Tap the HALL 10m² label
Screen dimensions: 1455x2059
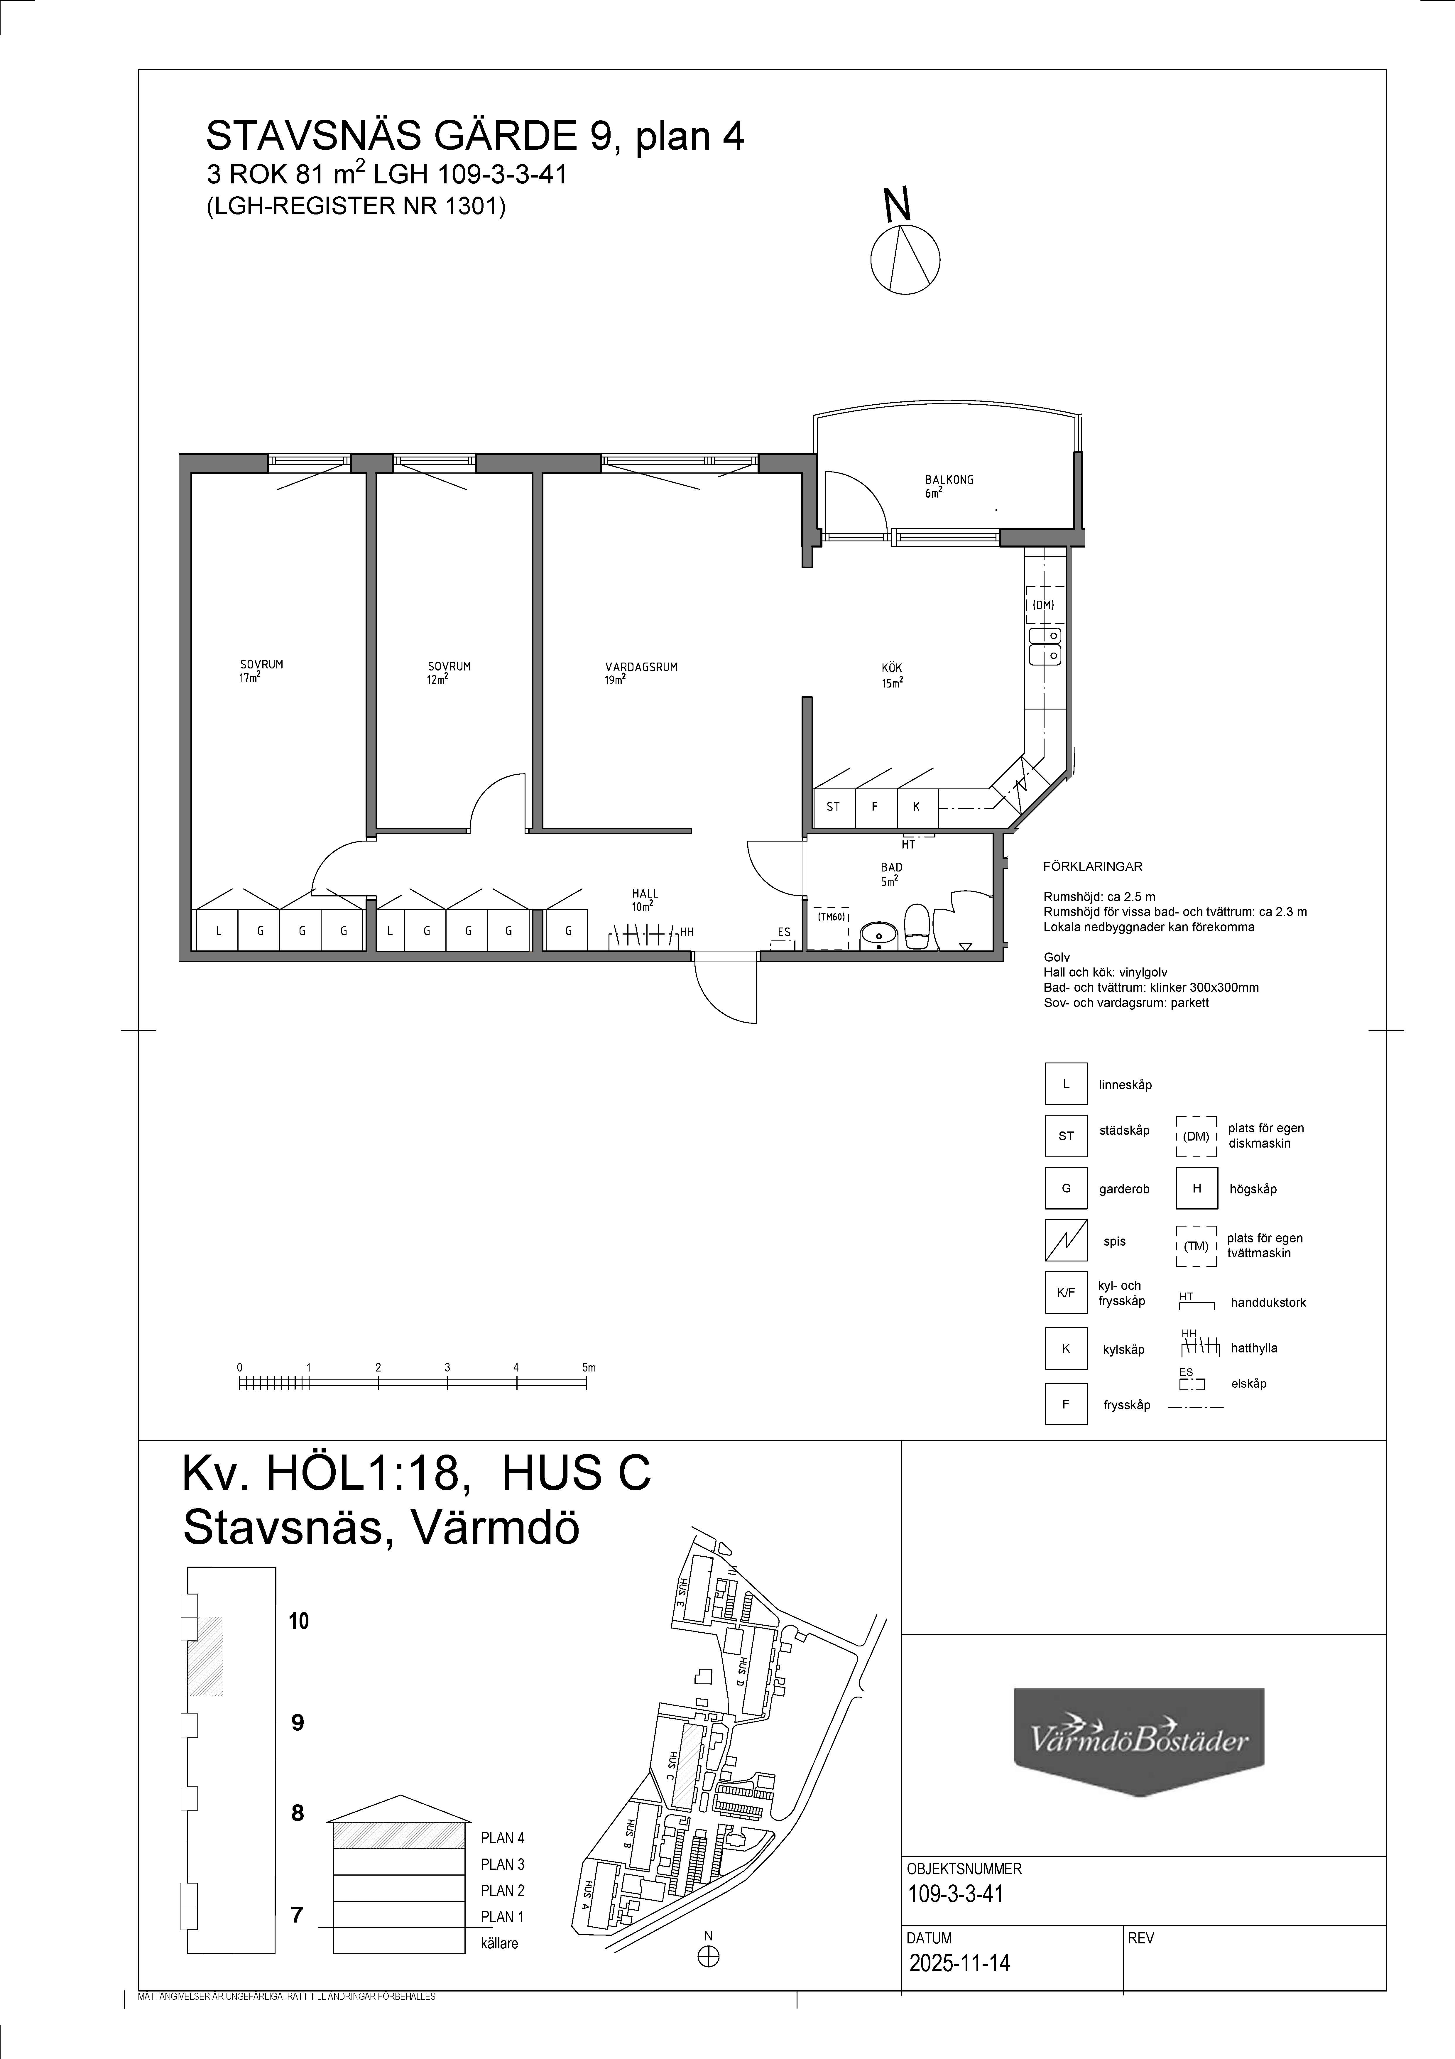(x=645, y=899)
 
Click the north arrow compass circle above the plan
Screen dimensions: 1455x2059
(x=905, y=259)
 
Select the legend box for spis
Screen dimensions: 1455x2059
(x=1066, y=1241)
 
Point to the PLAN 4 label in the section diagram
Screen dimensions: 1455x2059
(x=502, y=1837)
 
